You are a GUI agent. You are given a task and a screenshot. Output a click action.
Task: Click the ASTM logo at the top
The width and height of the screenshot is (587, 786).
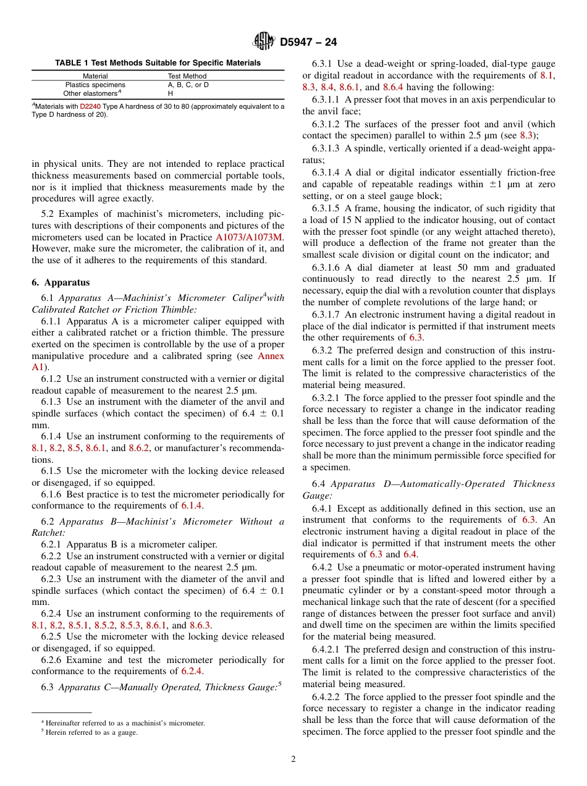tap(264, 41)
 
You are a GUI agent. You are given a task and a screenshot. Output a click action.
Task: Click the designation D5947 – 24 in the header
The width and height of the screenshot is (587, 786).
tap(308, 43)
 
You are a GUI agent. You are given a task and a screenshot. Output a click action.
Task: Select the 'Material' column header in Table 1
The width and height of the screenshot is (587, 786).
tap(95, 76)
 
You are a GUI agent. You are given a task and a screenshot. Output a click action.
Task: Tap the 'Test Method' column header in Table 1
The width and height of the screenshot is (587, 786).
tap(187, 76)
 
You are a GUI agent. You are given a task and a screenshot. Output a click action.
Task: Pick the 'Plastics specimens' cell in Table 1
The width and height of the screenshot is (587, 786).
tap(95, 85)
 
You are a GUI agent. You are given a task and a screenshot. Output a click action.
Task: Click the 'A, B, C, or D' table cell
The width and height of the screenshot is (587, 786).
tap(188, 85)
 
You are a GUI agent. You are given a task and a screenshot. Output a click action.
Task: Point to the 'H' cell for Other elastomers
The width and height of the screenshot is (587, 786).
tap(171, 93)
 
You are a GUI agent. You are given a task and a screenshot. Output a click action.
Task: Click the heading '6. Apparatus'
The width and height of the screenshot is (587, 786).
tap(61, 282)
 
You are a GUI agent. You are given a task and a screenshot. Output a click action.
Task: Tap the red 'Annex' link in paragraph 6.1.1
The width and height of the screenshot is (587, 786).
tap(271, 356)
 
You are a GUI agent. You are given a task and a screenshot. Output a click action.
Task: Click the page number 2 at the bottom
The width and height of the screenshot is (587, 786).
tap(293, 759)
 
